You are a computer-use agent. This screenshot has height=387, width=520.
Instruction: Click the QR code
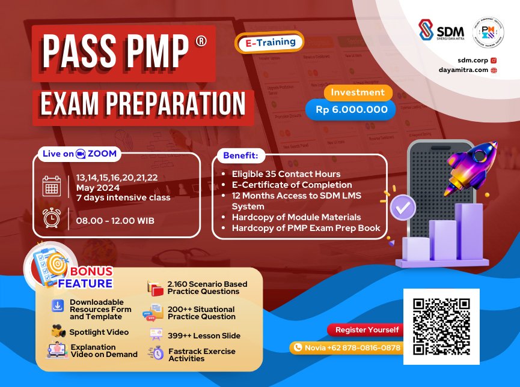coord(441,326)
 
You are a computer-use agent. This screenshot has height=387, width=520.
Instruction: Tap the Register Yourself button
coord(367,330)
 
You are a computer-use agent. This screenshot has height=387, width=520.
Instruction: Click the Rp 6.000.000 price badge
coord(351,109)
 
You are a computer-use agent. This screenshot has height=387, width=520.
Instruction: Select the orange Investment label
coord(358,92)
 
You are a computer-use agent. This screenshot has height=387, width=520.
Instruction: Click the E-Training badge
coord(270,42)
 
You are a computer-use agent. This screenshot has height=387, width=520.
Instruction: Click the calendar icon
coord(52,186)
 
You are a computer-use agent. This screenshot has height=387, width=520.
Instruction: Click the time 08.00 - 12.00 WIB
coord(115,221)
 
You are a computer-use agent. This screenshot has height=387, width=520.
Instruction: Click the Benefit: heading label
coord(240,155)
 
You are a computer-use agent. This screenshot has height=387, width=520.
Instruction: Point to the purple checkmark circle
coord(402,208)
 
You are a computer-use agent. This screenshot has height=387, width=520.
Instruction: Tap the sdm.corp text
coord(471,60)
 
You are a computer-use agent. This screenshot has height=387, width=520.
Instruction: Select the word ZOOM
coord(102,154)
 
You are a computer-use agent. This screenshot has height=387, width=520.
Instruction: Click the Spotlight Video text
coord(99,332)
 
